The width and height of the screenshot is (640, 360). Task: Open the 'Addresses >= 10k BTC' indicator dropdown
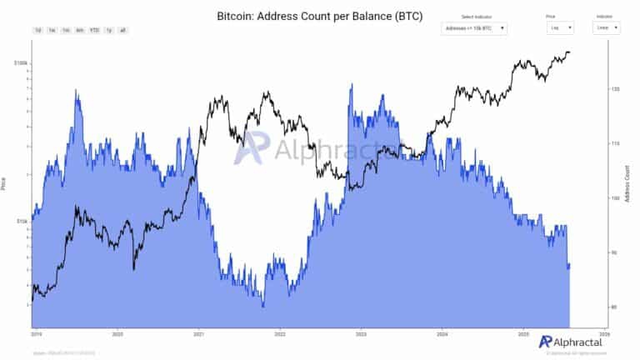473,27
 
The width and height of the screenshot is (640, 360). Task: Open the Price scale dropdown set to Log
558,27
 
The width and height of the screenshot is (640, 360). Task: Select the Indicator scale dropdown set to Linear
607,27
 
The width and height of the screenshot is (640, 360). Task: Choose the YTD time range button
94,30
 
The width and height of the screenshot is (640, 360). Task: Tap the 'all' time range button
122,30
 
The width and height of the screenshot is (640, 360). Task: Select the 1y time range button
109,30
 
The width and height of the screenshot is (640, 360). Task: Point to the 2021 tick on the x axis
198,332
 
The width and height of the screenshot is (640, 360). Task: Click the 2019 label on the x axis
36,332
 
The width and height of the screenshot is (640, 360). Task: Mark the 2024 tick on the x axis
442,332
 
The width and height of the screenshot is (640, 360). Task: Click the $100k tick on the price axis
21,63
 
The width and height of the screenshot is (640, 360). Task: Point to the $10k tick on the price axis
22,221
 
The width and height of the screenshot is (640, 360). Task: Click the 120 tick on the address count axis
614,88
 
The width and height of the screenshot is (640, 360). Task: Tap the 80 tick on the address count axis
614,307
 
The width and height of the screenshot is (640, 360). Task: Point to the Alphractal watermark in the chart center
312,150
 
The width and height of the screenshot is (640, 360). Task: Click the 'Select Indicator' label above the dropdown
473,17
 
